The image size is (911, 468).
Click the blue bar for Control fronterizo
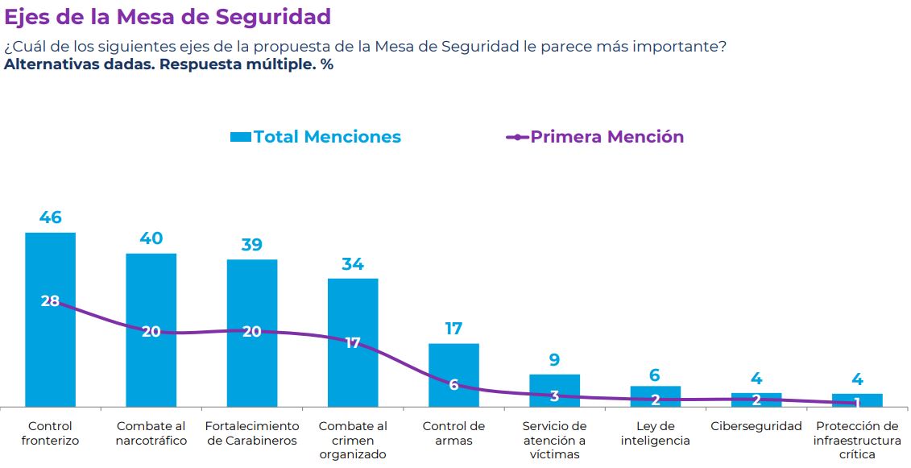tap(50, 354)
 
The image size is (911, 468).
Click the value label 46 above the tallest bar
tap(50, 217)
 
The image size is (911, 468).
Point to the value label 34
tap(353, 263)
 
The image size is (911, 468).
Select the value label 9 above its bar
tap(554, 359)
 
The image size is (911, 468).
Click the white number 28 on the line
tap(50, 301)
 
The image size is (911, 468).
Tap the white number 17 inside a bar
tap(353, 342)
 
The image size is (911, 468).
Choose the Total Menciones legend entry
tap(316, 137)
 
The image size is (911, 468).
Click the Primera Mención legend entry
tap(595, 137)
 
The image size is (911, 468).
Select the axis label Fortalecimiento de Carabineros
tap(252, 433)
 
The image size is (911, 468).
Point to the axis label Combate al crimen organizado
tap(353, 440)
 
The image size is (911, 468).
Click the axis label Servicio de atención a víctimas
tap(554, 440)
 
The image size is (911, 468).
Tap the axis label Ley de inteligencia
tap(655, 433)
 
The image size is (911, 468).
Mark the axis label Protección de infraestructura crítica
tap(857, 440)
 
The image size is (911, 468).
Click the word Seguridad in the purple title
tap(272, 17)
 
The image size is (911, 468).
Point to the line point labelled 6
tap(453, 385)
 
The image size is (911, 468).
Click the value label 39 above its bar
tap(252, 245)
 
